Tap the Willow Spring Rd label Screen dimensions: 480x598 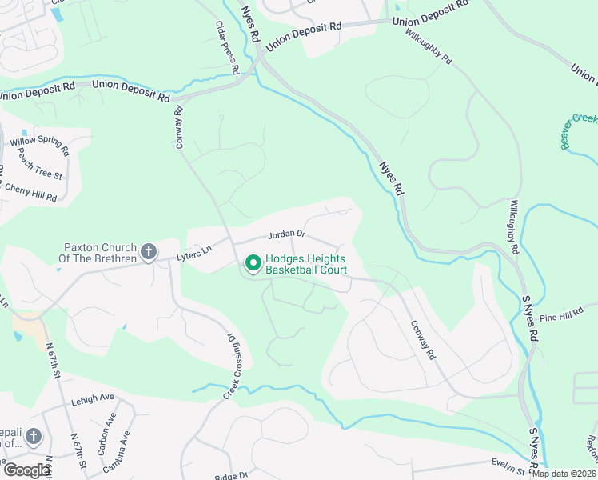click(39, 146)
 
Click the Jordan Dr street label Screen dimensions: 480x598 click(287, 234)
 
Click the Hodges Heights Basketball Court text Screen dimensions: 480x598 click(306, 264)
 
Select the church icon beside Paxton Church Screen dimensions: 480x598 click(148, 253)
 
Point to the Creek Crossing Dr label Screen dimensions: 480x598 click(232, 367)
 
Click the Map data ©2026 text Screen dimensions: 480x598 click(563, 474)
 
